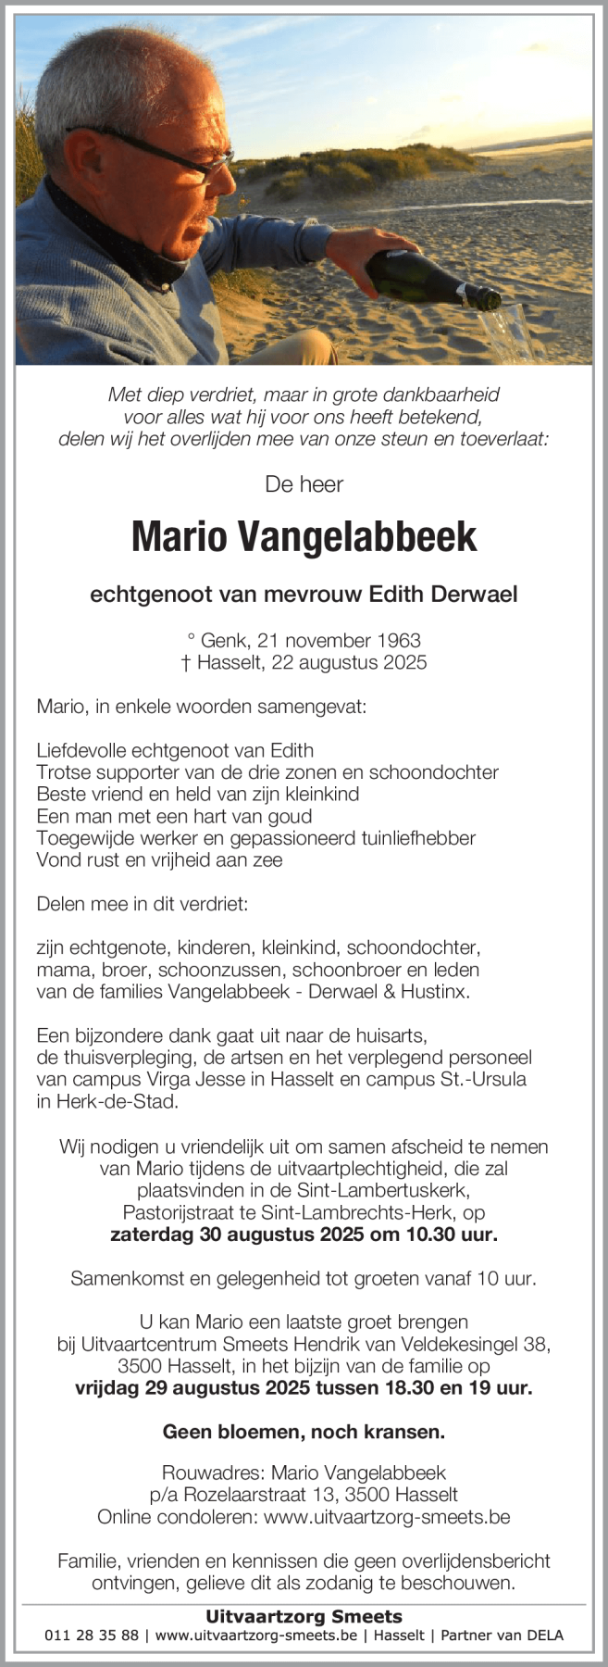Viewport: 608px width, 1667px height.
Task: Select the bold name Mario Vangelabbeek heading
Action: pyautogui.click(x=304, y=536)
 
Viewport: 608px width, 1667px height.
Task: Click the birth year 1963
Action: pyautogui.click(x=398, y=640)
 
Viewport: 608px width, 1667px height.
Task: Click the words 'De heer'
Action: pyautogui.click(x=304, y=483)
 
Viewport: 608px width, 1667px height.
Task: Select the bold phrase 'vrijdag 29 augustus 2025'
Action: pyautogui.click(x=179, y=1387)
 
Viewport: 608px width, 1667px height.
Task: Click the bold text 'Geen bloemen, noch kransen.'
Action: pyautogui.click(x=304, y=1432)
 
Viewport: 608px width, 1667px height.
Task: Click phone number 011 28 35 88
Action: pyautogui.click(x=92, y=1636)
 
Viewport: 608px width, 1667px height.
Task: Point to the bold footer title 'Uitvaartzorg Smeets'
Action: pyautogui.click(x=304, y=1617)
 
